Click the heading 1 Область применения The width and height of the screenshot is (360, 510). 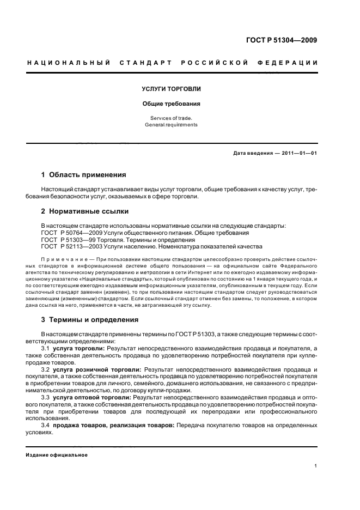tap(84, 175)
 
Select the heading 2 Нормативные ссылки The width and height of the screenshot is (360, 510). tap(84, 210)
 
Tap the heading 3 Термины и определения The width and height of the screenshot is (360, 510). tap(90, 319)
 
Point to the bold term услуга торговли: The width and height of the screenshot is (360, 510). tap(79, 347)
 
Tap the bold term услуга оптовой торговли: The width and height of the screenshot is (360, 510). tap(92, 398)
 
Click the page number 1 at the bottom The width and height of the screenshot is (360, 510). tap(315, 466)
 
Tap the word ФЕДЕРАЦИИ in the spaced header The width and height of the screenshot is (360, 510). tap(292, 63)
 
